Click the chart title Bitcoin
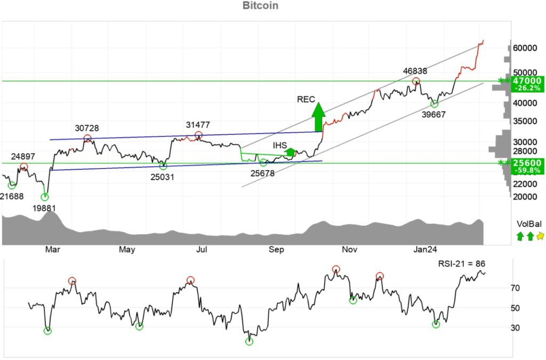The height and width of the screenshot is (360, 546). click(x=260, y=6)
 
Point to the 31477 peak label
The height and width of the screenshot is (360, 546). click(x=198, y=125)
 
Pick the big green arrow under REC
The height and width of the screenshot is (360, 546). click(x=318, y=117)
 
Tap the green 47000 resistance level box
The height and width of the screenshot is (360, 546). click(x=525, y=81)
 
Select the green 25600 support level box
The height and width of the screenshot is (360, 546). click(x=525, y=163)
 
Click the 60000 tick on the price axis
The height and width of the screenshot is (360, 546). click(x=525, y=48)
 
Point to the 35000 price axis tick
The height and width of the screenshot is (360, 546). click(x=525, y=121)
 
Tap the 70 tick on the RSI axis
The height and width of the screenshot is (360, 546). click(x=515, y=289)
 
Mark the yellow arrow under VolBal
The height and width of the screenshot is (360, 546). click(x=540, y=236)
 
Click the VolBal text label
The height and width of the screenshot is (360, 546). click(x=528, y=224)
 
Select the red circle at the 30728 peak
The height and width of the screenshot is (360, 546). click(x=87, y=139)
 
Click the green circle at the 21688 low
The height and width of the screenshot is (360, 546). click(x=12, y=185)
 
